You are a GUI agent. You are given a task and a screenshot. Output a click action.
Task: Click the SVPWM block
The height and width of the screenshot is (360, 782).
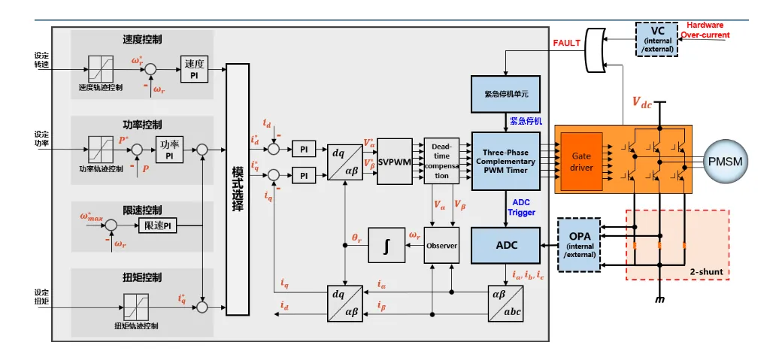coord(396,161)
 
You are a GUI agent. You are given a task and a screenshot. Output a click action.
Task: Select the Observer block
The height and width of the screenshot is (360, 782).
coord(441,247)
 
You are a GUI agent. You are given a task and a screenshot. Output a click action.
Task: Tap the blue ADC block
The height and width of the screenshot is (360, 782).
coord(505,246)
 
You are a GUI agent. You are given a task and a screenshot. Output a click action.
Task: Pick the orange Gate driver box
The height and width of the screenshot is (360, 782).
coord(582,161)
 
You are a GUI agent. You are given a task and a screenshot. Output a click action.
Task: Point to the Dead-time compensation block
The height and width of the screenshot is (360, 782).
coord(441,161)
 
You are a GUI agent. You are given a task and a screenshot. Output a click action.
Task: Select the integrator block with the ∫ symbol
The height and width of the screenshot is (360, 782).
coord(386,247)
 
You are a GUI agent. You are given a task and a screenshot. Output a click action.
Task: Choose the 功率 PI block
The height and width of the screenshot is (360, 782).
coord(171,149)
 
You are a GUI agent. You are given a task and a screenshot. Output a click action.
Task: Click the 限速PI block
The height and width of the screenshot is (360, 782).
coord(158,225)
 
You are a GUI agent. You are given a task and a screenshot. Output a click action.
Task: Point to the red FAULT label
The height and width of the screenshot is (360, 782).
coord(566,43)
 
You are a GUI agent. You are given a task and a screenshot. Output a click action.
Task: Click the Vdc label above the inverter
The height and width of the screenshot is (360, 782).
coord(641,103)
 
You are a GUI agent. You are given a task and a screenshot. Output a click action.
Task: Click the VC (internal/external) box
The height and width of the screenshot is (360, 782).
coord(657,39)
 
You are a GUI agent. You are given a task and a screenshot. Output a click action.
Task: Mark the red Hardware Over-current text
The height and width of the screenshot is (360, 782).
coord(705,29)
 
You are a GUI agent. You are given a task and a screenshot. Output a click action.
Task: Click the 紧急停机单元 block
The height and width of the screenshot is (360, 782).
coord(505,95)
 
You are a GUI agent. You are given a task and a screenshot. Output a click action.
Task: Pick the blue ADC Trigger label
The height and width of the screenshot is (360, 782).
coord(521,207)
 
